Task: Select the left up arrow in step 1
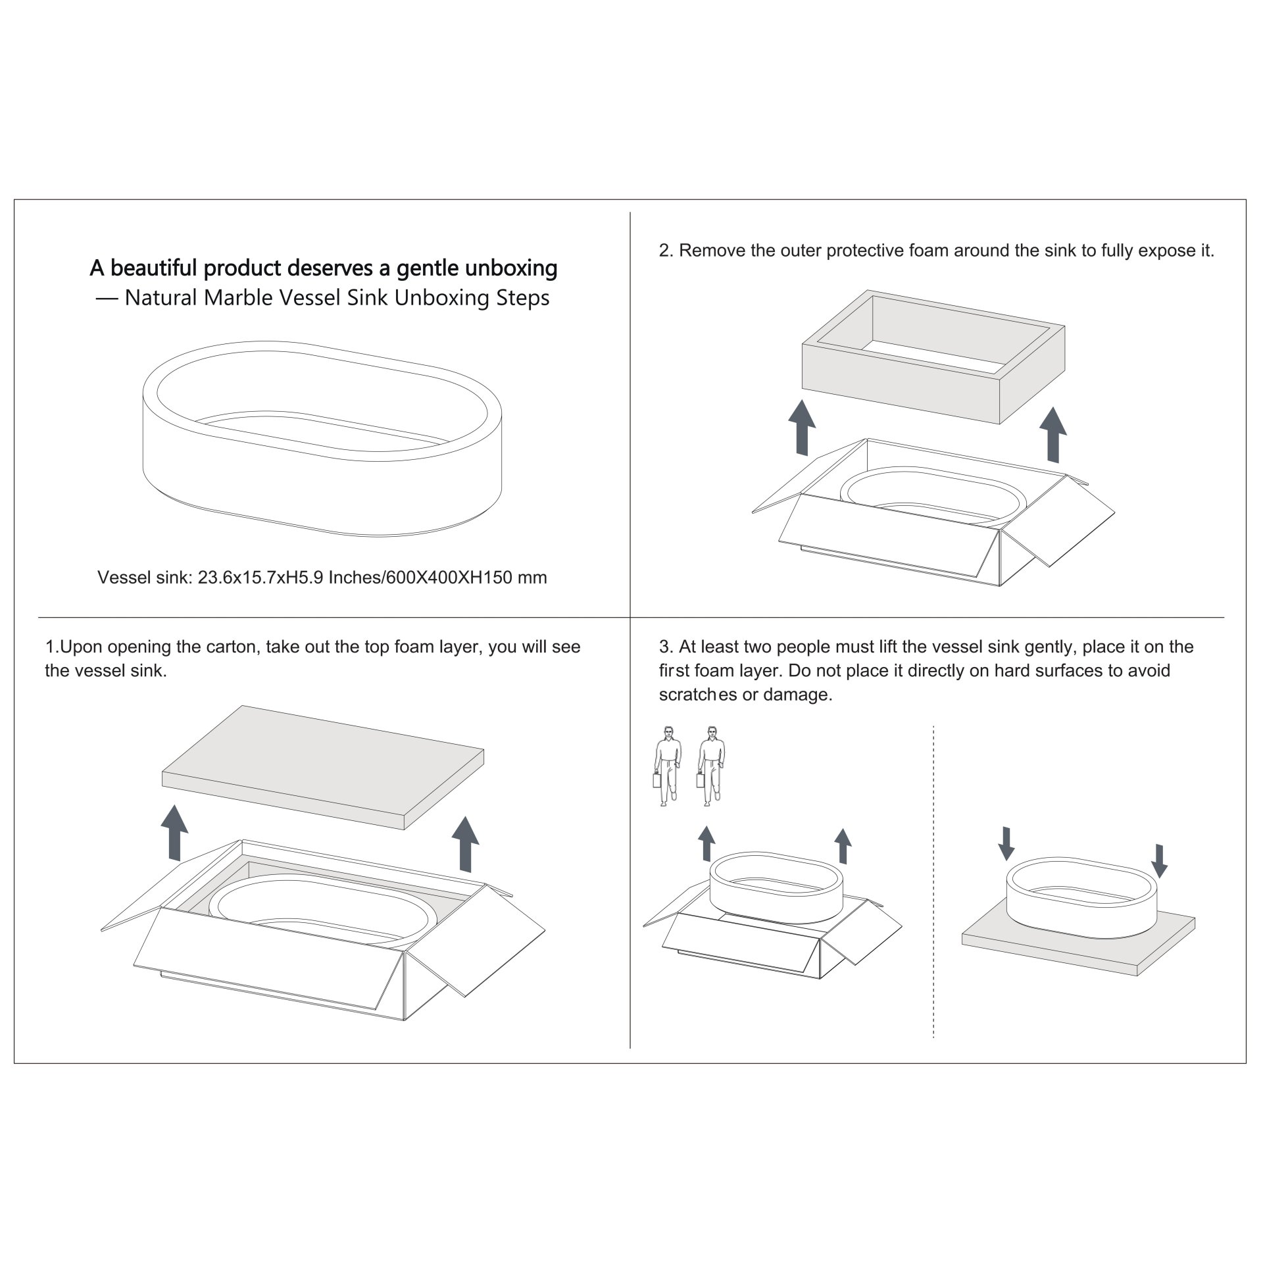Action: pos(174,832)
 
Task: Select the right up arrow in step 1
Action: pos(466,844)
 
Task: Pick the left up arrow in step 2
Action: pos(802,427)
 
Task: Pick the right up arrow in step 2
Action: pos(1053,434)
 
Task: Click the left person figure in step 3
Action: pos(666,766)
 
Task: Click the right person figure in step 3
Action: pos(710,766)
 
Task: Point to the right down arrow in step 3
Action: pos(1160,861)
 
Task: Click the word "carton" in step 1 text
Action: pos(235,647)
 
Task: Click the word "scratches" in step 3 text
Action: pos(698,695)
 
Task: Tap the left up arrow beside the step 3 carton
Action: pos(706,844)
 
